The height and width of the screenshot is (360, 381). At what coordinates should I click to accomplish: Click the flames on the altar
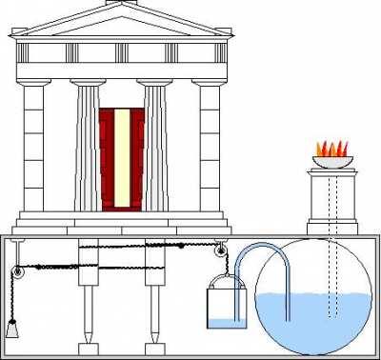tap(332, 149)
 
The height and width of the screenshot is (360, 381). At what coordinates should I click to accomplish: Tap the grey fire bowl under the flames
tap(332, 162)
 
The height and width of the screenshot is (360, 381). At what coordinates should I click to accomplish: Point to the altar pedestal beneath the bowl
tap(332, 195)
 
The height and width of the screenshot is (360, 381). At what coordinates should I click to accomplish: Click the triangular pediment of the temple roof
tap(121, 23)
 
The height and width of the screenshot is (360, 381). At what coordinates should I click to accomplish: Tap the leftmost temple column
tap(33, 148)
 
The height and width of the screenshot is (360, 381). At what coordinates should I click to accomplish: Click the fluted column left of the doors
tap(87, 148)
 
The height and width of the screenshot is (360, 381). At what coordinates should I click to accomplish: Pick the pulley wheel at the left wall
tap(16, 274)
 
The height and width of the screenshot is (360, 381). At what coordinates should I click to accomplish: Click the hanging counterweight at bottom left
tap(13, 330)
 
